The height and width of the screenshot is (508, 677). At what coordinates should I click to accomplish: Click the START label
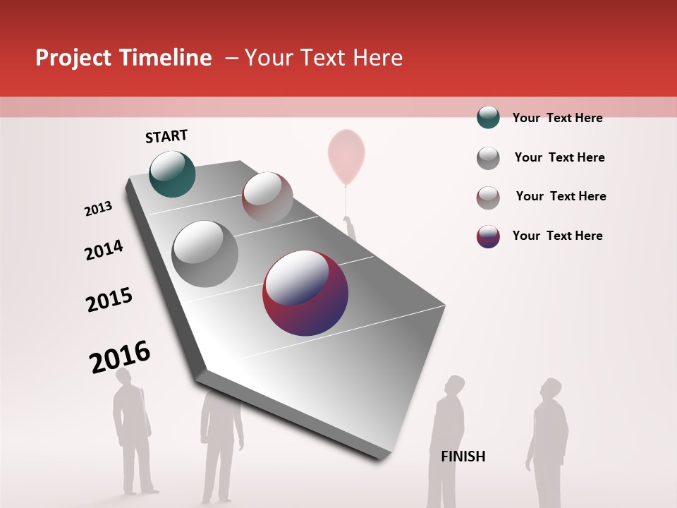pyautogui.click(x=166, y=136)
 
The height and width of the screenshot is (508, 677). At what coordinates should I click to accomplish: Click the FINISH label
pyautogui.click(x=463, y=456)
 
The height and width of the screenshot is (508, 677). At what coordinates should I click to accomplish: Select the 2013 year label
pyautogui.click(x=98, y=209)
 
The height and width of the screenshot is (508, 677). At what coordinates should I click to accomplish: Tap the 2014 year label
pyautogui.click(x=104, y=250)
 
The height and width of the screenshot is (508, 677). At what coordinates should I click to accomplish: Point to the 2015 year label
pyautogui.click(x=109, y=300)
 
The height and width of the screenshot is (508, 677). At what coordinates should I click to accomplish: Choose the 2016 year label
pyautogui.click(x=120, y=357)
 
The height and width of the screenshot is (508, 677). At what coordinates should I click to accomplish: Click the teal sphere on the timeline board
pyautogui.click(x=173, y=174)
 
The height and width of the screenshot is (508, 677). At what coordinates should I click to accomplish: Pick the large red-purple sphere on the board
pyautogui.click(x=305, y=293)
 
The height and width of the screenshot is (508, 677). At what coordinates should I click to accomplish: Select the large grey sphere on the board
pyautogui.click(x=205, y=254)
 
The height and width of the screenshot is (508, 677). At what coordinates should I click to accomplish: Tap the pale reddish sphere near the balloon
pyautogui.click(x=267, y=197)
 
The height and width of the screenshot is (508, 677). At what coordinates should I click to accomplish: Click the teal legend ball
pyautogui.click(x=488, y=117)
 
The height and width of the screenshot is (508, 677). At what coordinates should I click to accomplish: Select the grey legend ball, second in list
pyautogui.click(x=488, y=158)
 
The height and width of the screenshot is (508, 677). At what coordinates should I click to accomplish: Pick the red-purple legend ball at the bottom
pyautogui.click(x=488, y=236)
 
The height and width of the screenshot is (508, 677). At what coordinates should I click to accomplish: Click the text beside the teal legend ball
pyautogui.click(x=557, y=118)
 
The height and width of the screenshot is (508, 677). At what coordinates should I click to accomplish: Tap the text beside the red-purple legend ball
pyautogui.click(x=557, y=236)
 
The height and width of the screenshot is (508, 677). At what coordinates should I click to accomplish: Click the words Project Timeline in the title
pyautogui.click(x=123, y=58)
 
